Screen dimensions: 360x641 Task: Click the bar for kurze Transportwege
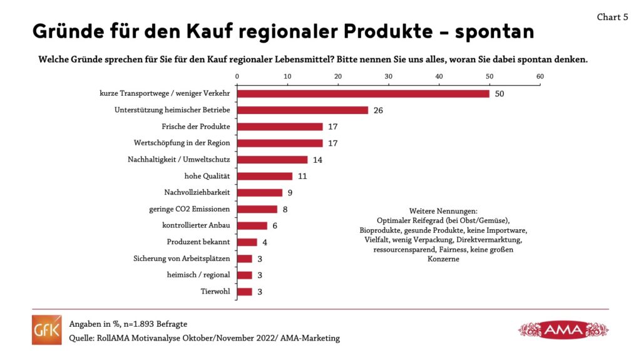click(x=363, y=94)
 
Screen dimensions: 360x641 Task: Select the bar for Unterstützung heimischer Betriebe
click(x=302, y=110)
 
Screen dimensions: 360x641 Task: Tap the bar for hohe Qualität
click(x=265, y=177)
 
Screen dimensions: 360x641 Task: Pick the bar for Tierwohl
click(x=245, y=292)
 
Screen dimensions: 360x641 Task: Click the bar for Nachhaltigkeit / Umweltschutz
click(x=272, y=160)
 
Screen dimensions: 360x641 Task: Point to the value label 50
click(x=499, y=94)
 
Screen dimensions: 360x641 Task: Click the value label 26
click(x=377, y=110)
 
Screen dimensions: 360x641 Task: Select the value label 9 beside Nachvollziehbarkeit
click(x=290, y=193)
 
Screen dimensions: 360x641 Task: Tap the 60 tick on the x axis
click(x=540, y=76)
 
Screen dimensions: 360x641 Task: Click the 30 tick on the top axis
click(x=388, y=76)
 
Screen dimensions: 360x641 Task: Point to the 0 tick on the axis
click(x=237, y=76)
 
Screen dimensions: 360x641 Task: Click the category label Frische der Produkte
click(x=195, y=126)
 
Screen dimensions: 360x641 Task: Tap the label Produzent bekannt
click(x=198, y=242)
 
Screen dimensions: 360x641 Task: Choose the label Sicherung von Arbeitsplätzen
click(x=182, y=259)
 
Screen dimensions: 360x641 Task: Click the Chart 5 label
click(x=612, y=18)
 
